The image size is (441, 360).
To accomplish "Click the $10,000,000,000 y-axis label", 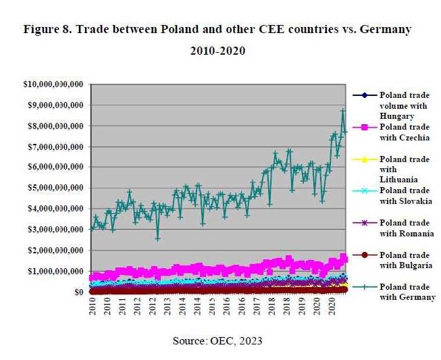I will coord(53,84).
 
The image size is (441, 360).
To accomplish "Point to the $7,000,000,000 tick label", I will coord(56,147).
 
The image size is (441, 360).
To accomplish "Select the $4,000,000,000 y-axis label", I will coord(56,209).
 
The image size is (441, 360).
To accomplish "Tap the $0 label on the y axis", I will coord(78,292).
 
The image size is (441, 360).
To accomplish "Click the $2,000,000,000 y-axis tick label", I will coord(56,251).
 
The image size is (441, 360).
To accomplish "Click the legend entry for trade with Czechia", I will coord(405,132).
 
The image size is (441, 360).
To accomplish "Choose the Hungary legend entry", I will coord(405,105).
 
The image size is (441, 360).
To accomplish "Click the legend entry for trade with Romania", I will coord(405,228).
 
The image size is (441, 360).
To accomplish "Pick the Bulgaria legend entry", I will coord(405,260).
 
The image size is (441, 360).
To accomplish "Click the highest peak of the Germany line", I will coord(342,110).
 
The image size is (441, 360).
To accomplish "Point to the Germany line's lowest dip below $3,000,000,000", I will coord(157,238).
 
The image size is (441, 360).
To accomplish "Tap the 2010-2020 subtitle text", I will coord(217,51).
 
